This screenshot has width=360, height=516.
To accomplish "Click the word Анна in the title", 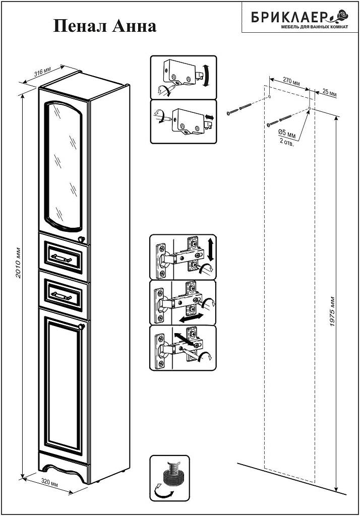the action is click(x=134, y=26).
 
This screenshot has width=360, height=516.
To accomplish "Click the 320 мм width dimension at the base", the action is click(x=50, y=482).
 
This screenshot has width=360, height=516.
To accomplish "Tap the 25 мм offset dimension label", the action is click(x=329, y=93).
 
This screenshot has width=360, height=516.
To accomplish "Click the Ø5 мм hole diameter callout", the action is click(x=287, y=134).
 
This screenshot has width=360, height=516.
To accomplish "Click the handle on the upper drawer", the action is click(x=61, y=256).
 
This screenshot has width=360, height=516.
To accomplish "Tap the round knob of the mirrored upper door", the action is click(x=81, y=238).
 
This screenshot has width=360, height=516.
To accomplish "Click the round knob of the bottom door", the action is click(x=81, y=326).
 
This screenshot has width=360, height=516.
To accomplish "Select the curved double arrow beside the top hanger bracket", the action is click(x=206, y=76).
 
